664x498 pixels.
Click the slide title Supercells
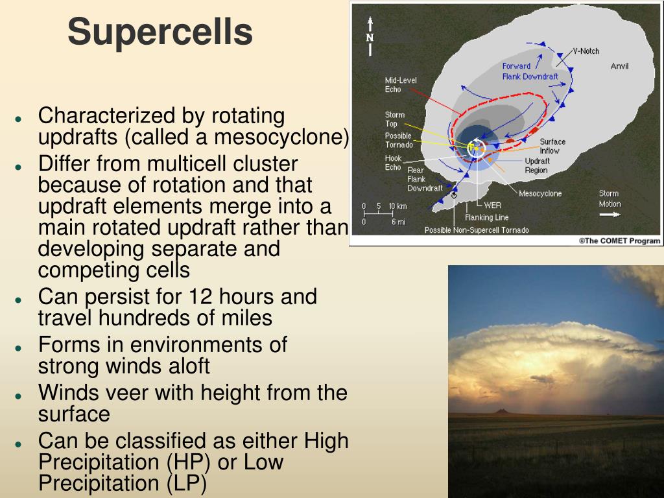coord(160,32)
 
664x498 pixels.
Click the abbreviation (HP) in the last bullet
coord(189,462)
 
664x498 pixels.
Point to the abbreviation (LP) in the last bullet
coord(186,483)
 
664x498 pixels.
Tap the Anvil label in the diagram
coord(619,66)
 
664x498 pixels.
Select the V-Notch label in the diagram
coord(586,51)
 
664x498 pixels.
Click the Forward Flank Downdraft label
coord(530,71)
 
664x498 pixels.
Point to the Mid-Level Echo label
coord(401,85)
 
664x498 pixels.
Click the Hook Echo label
coord(393,163)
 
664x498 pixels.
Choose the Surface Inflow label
coord(552,146)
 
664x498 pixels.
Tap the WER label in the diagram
coord(493,206)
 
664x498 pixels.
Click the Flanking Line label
coord(486,217)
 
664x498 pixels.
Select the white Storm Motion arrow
coord(610,215)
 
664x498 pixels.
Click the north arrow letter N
coord(370,38)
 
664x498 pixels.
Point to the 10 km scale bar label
coord(397,206)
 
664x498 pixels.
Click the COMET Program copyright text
coord(619,241)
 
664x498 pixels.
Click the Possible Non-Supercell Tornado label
coord(477,230)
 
